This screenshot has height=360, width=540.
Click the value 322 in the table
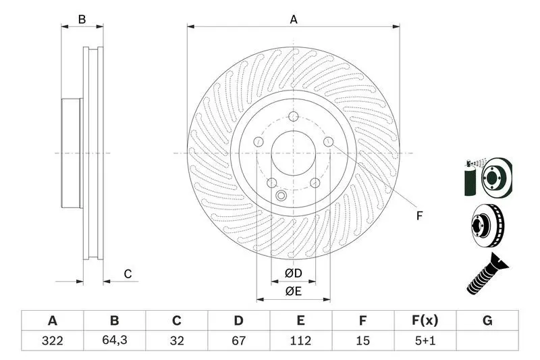(x=53, y=340)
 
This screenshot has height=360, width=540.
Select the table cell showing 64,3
(x=115, y=340)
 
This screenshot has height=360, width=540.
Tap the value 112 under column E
(x=300, y=340)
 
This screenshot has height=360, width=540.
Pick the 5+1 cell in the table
(x=425, y=340)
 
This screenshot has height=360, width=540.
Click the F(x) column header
(x=425, y=320)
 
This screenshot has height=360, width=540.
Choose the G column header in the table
(x=487, y=320)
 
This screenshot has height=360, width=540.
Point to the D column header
(x=238, y=320)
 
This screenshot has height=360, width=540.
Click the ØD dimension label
(x=294, y=273)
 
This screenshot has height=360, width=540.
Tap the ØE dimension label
(x=294, y=292)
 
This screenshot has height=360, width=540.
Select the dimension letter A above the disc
(x=294, y=20)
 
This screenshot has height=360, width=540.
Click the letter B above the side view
(x=82, y=20)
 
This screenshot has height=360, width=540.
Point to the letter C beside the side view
(x=128, y=274)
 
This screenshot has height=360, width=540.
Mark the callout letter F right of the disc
(x=419, y=215)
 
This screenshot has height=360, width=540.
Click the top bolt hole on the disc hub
(x=294, y=116)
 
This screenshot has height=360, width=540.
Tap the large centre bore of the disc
(x=294, y=153)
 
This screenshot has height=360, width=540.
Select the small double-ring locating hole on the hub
(x=281, y=196)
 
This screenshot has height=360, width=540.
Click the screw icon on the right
(x=486, y=274)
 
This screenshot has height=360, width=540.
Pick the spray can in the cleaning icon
(x=469, y=178)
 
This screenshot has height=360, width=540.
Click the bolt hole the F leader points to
(x=329, y=142)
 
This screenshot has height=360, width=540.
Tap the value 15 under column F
(x=362, y=340)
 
